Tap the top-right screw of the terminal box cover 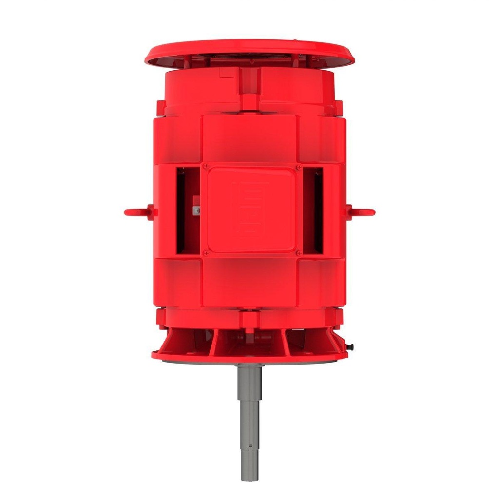click(x=298, y=167)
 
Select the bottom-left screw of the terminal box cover click(x=205, y=253)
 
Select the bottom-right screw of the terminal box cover click(x=298, y=253)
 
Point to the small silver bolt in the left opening click(x=196, y=210)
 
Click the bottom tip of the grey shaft click(x=249, y=480)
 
